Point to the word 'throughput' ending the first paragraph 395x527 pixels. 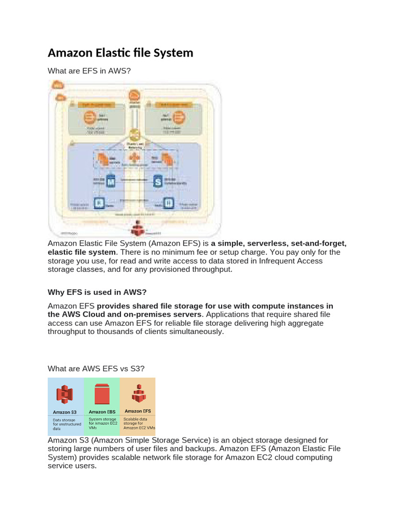tap(211, 270)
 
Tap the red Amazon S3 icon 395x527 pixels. tap(65, 395)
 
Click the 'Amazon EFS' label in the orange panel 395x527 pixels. tap(137, 411)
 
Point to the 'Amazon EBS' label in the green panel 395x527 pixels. tap(101, 412)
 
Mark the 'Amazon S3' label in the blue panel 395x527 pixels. tap(65, 412)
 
